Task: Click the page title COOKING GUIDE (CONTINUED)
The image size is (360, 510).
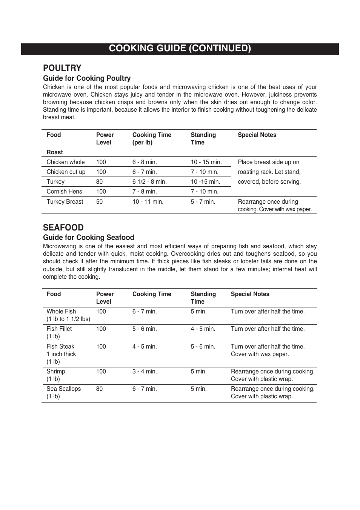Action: pos(180,48)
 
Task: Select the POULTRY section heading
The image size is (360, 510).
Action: pos(62,68)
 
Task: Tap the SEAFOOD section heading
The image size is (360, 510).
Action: pos(63,227)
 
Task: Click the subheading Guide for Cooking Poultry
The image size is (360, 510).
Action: pos(86,78)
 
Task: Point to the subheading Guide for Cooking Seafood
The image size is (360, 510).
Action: pos(88,238)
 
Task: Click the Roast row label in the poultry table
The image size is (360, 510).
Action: pos(55,152)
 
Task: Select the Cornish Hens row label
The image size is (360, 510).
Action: pos(64,192)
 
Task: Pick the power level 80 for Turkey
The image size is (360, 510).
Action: pos(99,182)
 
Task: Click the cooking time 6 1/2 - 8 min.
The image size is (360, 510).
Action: pos(149,182)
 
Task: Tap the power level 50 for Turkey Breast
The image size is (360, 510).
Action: pos(99,202)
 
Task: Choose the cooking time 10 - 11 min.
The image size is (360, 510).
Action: pos(148,202)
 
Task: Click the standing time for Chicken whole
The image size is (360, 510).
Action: pos(206,162)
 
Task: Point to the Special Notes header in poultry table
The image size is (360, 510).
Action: pos(257,135)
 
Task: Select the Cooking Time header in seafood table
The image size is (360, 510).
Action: pos(152,294)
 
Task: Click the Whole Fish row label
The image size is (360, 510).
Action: pos(61,312)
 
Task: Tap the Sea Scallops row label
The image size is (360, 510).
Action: pos(63,389)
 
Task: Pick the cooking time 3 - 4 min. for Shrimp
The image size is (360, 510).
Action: pos(145,372)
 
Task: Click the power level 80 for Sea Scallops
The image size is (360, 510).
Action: pos(99,389)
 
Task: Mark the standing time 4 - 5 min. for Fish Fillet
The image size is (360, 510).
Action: pos(203,329)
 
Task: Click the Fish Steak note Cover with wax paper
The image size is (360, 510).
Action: pos(260,354)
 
